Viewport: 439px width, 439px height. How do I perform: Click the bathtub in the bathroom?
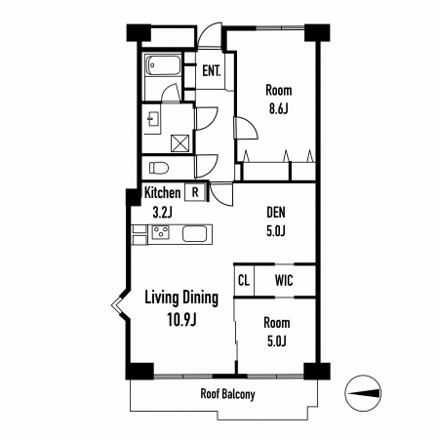(163, 65)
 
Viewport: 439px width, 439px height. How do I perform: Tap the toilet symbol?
(159, 168)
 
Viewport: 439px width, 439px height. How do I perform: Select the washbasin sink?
(153, 119)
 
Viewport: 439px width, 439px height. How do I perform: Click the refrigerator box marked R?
(195, 192)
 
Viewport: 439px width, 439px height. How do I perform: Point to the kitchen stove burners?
(161, 232)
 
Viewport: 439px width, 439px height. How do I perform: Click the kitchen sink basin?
(194, 233)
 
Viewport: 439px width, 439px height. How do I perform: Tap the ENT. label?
(212, 71)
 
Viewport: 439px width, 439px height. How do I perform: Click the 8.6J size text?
(278, 109)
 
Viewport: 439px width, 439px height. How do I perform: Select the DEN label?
(276, 213)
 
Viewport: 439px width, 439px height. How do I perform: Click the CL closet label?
(244, 280)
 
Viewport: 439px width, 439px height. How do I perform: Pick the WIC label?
(284, 280)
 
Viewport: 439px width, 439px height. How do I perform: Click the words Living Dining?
(181, 299)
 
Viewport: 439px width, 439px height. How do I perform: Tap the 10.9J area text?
(181, 320)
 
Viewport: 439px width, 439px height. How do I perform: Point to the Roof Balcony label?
(227, 394)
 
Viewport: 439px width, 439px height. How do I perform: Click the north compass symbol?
(363, 393)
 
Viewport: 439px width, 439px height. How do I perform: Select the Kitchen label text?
(162, 192)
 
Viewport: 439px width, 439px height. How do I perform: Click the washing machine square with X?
(180, 143)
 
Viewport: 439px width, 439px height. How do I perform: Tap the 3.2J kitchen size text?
(162, 213)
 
